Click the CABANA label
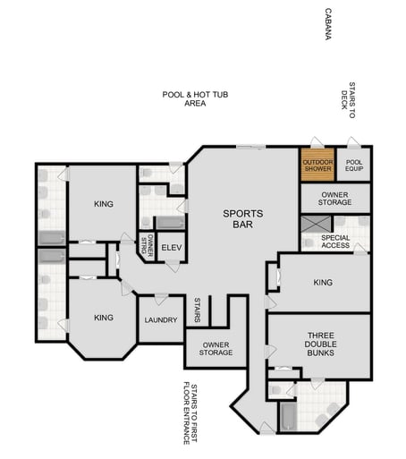[327, 26]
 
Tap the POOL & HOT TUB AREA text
[195, 98]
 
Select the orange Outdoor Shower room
[317, 165]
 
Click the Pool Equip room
[354, 165]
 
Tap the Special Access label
[335, 241]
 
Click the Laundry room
[161, 319]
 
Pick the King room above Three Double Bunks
[323, 283]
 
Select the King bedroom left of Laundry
[104, 318]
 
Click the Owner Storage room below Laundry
[216, 348]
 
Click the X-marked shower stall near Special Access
[313, 225]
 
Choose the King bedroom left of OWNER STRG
[104, 204]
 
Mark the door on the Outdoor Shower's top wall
[313, 144]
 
